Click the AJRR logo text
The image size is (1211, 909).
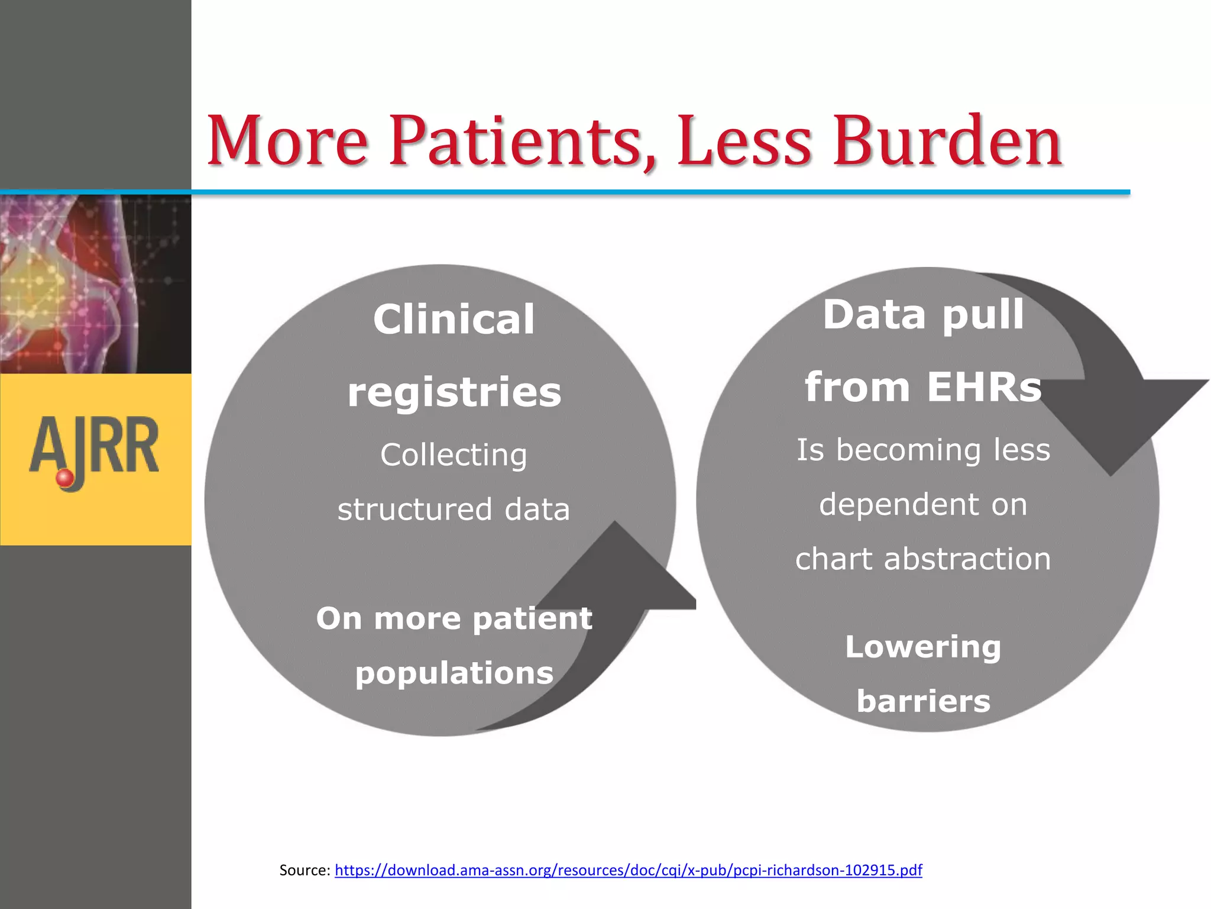click(x=95, y=447)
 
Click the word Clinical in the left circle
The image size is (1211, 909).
click(x=454, y=320)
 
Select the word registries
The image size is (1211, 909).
click(x=454, y=392)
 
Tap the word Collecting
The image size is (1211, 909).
click(x=454, y=455)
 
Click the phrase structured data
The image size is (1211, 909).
click(x=454, y=510)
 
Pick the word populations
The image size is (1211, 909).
click(x=454, y=673)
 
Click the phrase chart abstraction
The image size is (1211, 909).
click(x=923, y=559)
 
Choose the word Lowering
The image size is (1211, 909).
click(x=923, y=647)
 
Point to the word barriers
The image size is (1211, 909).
click(x=923, y=701)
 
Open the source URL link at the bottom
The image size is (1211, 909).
click(x=628, y=870)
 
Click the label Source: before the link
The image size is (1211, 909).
click(x=305, y=870)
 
